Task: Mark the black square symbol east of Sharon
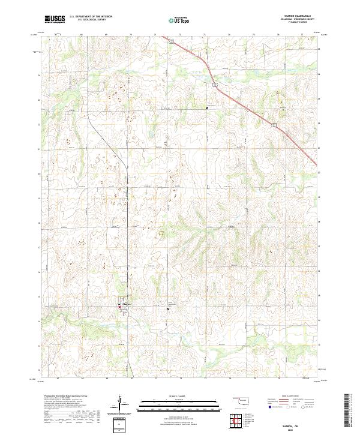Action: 167,308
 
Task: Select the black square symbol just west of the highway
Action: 207,108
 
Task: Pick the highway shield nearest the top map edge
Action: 171,41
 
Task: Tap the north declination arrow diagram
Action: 119,403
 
